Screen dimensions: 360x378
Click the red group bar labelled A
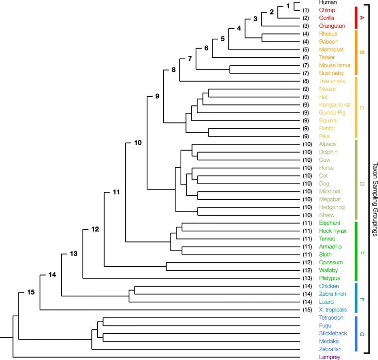[x=357, y=17]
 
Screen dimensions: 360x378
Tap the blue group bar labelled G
[x=357, y=333]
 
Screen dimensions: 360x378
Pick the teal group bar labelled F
[x=357, y=298]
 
